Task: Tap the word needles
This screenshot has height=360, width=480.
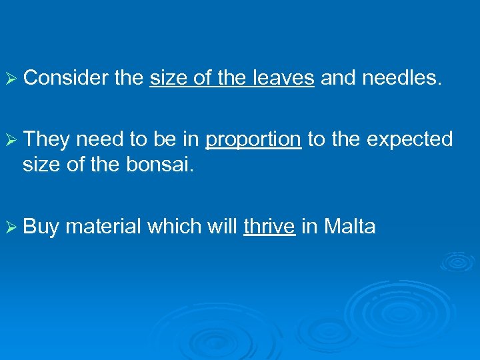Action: [401, 79]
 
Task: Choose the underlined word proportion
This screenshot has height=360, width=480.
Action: [253, 140]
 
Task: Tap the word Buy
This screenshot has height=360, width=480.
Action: [41, 227]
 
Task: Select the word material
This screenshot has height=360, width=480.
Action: [104, 227]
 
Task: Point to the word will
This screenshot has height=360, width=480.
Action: [219, 227]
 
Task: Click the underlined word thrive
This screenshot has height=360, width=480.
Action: [269, 227]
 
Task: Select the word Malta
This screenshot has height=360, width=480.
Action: [349, 227]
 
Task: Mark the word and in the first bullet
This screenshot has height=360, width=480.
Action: [338, 79]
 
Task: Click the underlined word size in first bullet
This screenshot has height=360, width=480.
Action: [169, 79]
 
